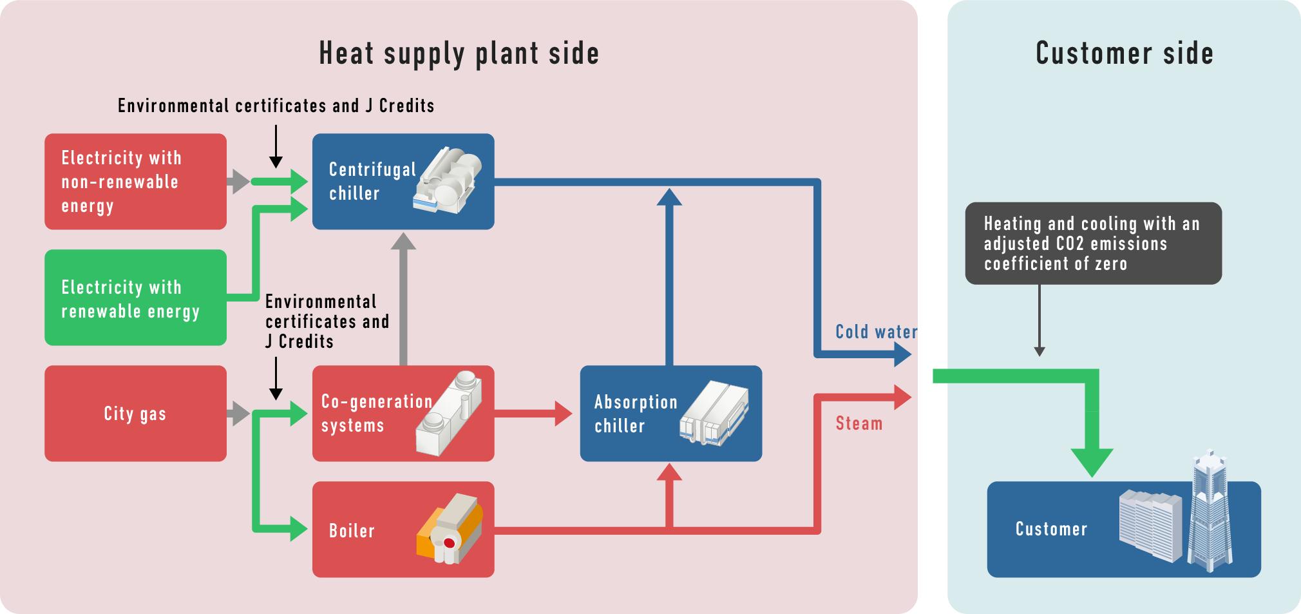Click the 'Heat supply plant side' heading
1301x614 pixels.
[459, 53]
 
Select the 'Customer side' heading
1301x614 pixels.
[1124, 53]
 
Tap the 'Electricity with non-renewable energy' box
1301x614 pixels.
[135, 182]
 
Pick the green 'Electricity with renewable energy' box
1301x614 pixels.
[135, 298]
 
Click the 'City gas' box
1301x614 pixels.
[135, 414]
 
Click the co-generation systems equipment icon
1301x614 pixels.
[449, 414]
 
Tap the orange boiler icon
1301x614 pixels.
[450, 529]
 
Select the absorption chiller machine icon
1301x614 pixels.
[714, 414]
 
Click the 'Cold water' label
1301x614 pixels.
[876, 332]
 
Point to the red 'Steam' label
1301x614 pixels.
[859, 423]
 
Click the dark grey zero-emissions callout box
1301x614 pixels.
[1093, 244]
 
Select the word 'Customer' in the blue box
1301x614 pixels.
[1051, 529]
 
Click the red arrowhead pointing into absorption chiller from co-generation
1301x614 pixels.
[563, 414]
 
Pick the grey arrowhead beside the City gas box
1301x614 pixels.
[240, 414]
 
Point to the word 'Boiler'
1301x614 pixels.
[352, 531]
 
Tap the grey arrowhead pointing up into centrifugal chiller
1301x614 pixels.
[403, 242]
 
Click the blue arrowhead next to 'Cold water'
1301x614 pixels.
[902, 354]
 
